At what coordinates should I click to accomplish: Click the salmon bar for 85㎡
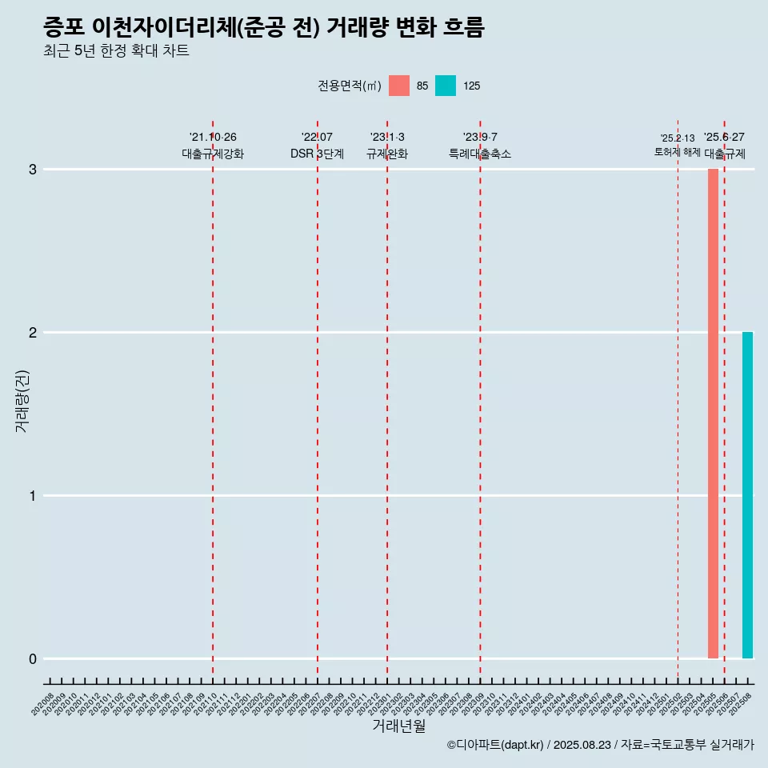pyautogui.click(x=713, y=414)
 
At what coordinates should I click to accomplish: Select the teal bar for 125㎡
pyautogui.click(x=747, y=495)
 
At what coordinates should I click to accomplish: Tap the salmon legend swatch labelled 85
pyautogui.click(x=398, y=86)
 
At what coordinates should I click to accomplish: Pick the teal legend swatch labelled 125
pyautogui.click(x=446, y=86)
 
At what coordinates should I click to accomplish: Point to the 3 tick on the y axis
pyautogui.click(x=33, y=170)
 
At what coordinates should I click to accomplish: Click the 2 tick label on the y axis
pyautogui.click(x=33, y=333)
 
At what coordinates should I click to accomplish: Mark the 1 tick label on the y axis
pyautogui.click(x=33, y=496)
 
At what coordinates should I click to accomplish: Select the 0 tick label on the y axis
pyautogui.click(x=33, y=659)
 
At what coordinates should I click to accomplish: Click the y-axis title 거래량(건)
pyautogui.click(x=22, y=400)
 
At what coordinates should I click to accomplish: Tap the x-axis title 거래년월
pyautogui.click(x=398, y=726)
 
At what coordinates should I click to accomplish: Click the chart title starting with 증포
pyautogui.click(x=264, y=27)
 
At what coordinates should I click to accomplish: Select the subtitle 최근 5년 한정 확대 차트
pyautogui.click(x=116, y=51)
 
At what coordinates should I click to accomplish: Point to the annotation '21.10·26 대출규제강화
pyautogui.click(x=213, y=146)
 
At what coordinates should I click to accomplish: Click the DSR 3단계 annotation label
pyautogui.click(x=317, y=154)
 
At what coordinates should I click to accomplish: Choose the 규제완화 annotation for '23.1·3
pyautogui.click(x=387, y=154)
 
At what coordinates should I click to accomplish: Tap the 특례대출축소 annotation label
pyautogui.click(x=480, y=154)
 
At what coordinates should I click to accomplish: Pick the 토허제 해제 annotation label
pyautogui.click(x=677, y=152)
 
